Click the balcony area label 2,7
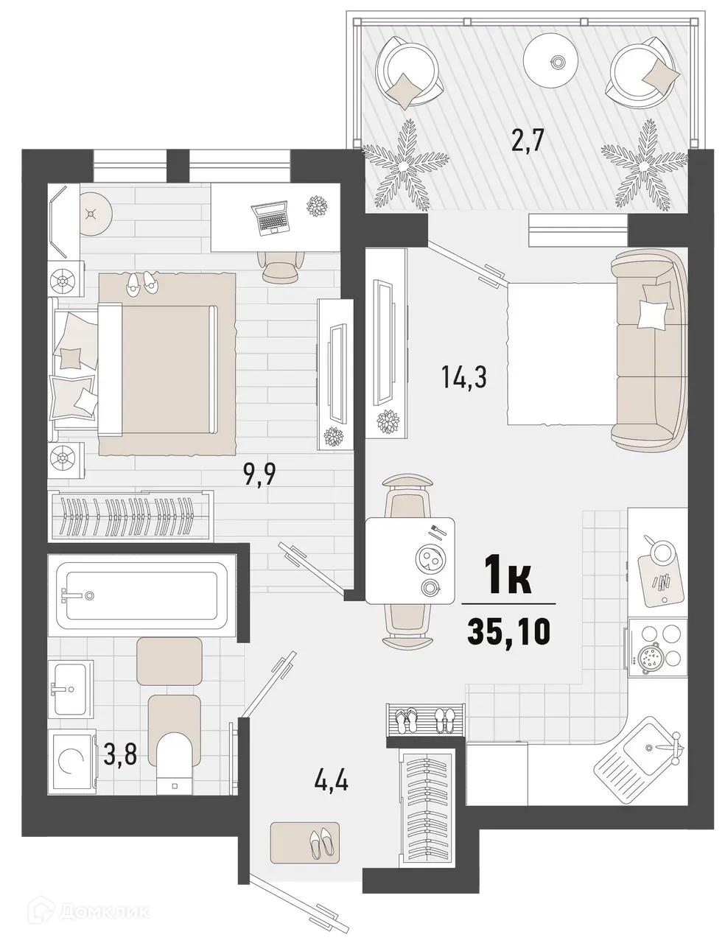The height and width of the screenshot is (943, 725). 527,139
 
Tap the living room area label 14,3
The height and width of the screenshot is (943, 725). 464,379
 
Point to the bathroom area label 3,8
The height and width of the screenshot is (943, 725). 120,756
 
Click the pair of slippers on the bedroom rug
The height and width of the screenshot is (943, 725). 141,283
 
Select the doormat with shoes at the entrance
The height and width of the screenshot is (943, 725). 304,841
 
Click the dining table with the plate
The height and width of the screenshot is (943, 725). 410,560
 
